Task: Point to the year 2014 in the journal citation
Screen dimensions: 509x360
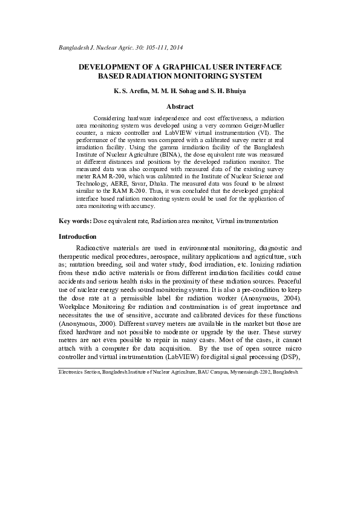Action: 175,47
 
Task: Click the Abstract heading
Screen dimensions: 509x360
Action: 180,107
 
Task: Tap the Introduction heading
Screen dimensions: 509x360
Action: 78,236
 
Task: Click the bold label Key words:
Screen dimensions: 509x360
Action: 74,222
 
